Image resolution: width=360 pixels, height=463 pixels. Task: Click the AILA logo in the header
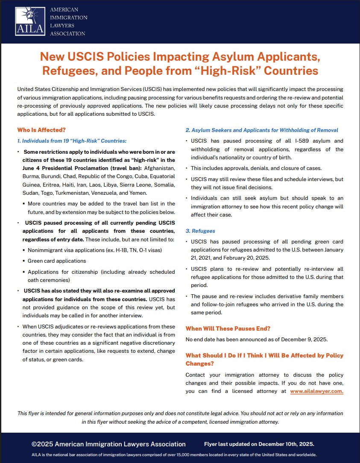pyautogui.click(x=29, y=21)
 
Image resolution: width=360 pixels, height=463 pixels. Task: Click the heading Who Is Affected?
pyautogui.click(x=41, y=130)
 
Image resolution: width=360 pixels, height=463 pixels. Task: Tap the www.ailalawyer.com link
pyautogui.click(x=316, y=391)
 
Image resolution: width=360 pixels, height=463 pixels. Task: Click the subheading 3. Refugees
pyautogui.click(x=200, y=231)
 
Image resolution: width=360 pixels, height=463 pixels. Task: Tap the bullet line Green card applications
pyautogui.click(x=57, y=261)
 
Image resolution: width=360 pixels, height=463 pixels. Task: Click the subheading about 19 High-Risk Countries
pyautogui.click(x=72, y=141)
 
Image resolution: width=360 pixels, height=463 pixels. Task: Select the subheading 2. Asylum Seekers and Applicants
pyautogui.click(x=262, y=130)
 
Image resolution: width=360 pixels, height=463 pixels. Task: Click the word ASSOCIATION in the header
pyautogui.click(x=67, y=33)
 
